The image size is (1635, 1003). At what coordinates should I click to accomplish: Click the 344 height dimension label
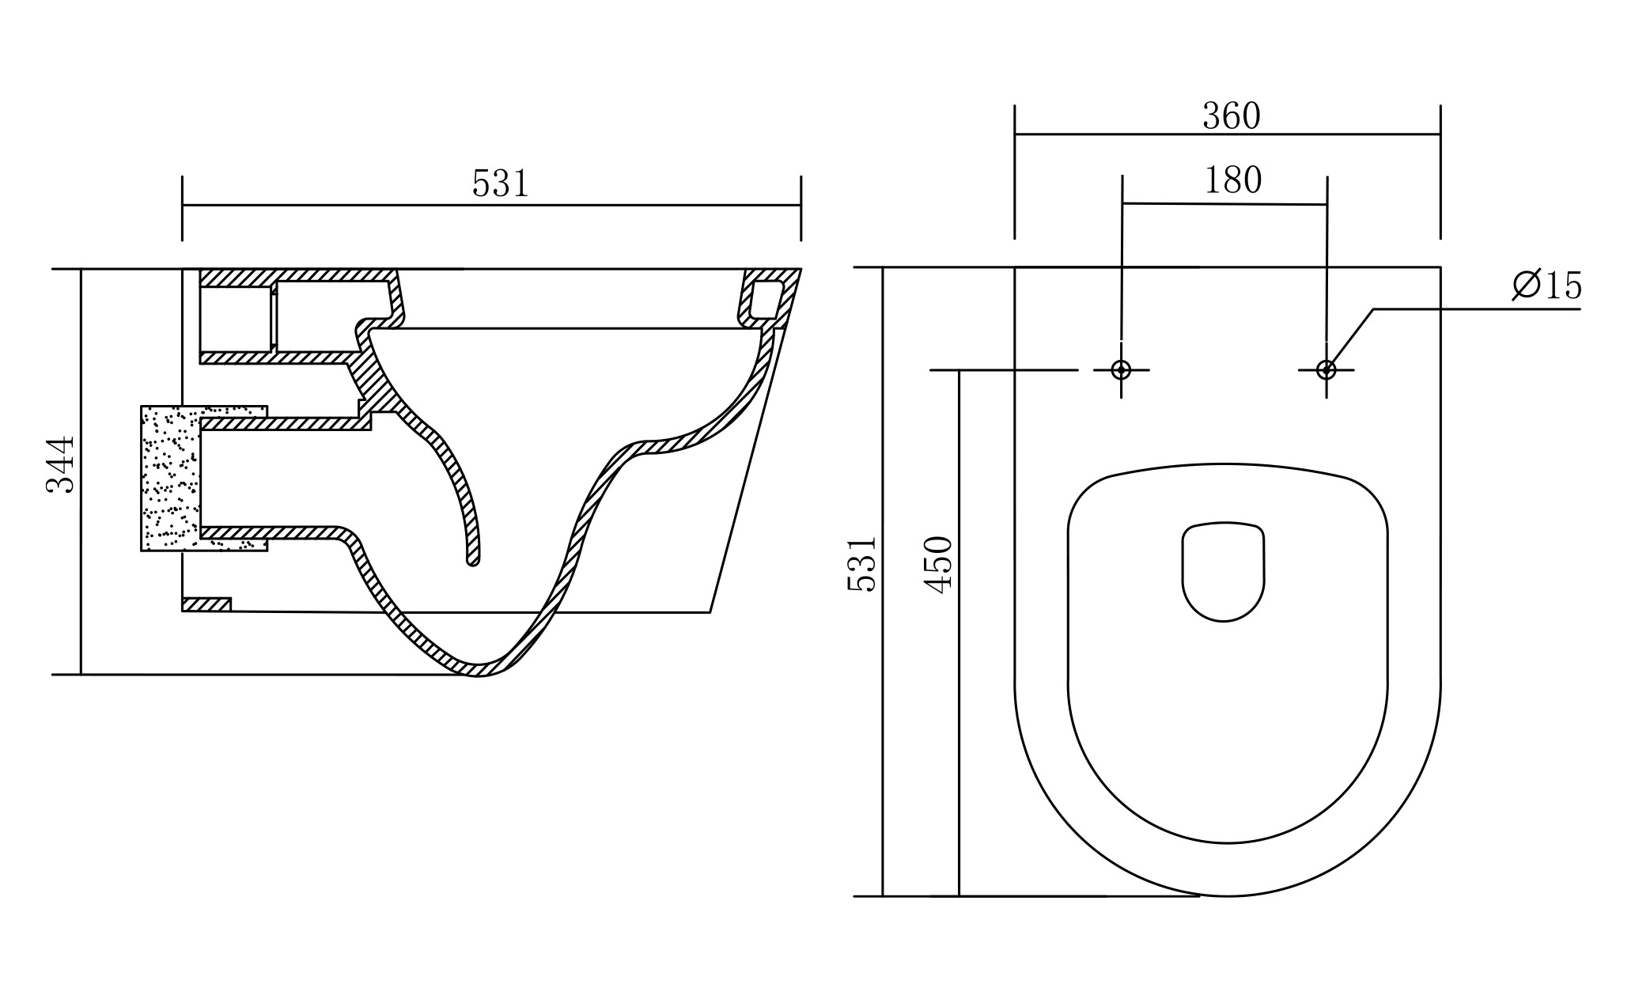(x=61, y=464)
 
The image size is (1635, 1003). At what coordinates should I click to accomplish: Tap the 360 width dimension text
(x=1232, y=116)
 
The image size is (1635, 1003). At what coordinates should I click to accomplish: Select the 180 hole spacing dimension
(x=1233, y=180)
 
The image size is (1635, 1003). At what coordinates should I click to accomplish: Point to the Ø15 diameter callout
(x=1547, y=285)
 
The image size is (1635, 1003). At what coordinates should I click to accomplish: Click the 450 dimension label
(x=939, y=564)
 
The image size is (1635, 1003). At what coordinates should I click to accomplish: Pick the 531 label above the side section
(x=500, y=184)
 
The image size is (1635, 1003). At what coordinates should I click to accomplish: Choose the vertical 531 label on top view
(x=862, y=564)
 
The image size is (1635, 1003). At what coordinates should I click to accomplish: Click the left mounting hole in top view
(x=1121, y=369)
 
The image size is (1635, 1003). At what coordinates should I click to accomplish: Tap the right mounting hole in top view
(x=1327, y=369)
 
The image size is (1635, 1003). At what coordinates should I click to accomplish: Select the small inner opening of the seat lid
(x=1223, y=571)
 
